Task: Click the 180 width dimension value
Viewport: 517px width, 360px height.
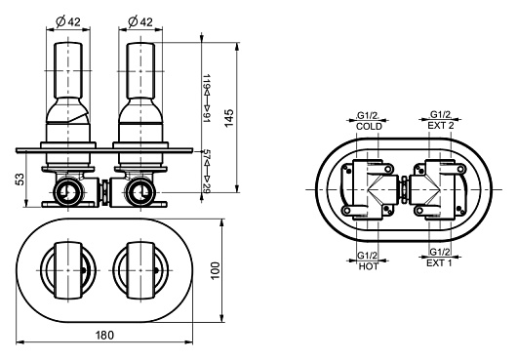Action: [x=104, y=335]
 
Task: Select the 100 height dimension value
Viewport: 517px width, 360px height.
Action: [x=215, y=270]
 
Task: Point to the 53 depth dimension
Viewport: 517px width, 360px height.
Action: [x=20, y=179]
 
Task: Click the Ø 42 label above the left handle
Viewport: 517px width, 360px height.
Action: [x=68, y=21]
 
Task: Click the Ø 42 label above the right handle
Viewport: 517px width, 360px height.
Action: [x=140, y=21]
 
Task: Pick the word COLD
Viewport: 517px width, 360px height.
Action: [x=369, y=126]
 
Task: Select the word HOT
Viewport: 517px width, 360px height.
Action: [x=369, y=266]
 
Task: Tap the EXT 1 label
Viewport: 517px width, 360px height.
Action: [x=439, y=262]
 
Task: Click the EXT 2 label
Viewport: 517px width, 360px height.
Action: [x=441, y=125]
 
